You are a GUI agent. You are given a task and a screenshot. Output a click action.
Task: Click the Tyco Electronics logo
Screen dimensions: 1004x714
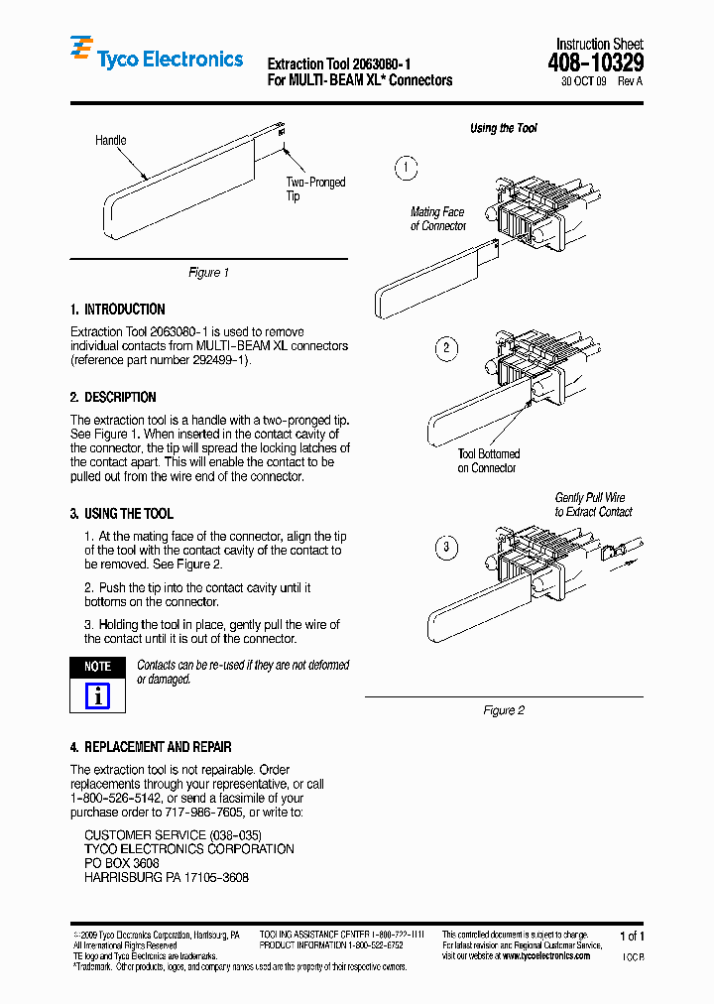pyautogui.click(x=157, y=57)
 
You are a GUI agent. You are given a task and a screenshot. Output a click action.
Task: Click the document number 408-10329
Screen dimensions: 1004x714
pyautogui.click(x=595, y=64)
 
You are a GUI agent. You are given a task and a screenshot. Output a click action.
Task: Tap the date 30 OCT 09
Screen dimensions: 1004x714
pyautogui.click(x=583, y=82)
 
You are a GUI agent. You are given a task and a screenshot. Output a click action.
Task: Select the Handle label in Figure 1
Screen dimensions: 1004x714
pyautogui.click(x=110, y=141)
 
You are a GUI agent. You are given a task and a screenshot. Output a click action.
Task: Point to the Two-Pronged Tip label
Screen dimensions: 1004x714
pyautogui.click(x=315, y=188)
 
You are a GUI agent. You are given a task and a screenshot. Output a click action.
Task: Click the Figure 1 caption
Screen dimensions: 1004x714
pyautogui.click(x=208, y=273)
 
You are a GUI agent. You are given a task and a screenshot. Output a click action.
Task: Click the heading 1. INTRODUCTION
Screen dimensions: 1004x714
pyautogui.click(x=118, y=310)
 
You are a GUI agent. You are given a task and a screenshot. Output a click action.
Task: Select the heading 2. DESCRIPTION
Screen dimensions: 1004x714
pyautogui.click(x=113, y=398)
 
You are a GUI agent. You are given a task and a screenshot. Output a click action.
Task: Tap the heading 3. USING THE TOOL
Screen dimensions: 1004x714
pyautogui.click(x=121, y=514)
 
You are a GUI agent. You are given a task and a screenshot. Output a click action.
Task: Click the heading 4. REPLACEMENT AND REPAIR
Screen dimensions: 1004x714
pyautogui.click(x=151, y=747)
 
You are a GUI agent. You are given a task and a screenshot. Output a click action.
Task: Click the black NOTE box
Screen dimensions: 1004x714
pyautogui.click(x=97, y=667)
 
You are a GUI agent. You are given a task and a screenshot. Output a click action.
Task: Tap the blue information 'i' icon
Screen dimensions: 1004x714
pyautogui.click(x=97, y=696)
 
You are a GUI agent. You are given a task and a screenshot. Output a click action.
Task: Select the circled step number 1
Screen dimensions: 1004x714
pyautogui.click(x=406, y=168)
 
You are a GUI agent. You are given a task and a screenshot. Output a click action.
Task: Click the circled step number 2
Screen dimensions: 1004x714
pyautogui.click(x=446, y=347)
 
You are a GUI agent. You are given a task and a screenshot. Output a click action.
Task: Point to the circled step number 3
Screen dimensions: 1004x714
pyautogui.click(x=446, y=548)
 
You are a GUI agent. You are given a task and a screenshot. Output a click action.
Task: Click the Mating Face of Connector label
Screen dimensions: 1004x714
pyautogui.click(x=437, y=219)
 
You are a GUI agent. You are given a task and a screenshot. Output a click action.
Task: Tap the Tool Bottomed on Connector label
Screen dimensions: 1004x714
pyautogui.click(x=488, y=461)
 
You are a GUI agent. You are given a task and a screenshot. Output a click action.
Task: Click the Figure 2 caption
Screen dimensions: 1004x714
pyautogui.click(x=504, y=710)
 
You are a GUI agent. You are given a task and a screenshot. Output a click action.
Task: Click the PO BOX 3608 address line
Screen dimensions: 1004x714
pyautogui.click(x=122, y=864)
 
